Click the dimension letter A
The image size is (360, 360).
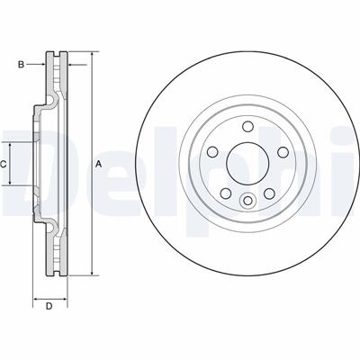click(98, 165)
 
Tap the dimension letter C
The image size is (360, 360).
click(3, 164)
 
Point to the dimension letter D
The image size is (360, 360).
click(49, 307)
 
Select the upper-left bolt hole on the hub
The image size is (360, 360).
click(212, 152)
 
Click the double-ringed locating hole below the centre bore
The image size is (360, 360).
click(247, 200)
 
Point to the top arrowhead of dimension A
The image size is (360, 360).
click(91, 57)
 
